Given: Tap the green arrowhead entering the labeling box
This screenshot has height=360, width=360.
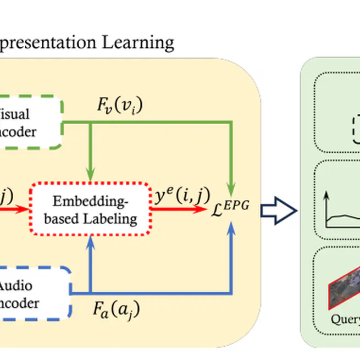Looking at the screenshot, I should pyautogui.click(x=90, y=175).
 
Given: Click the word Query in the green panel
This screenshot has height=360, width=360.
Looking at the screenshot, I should pyautogui.click(x=345, y=319).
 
